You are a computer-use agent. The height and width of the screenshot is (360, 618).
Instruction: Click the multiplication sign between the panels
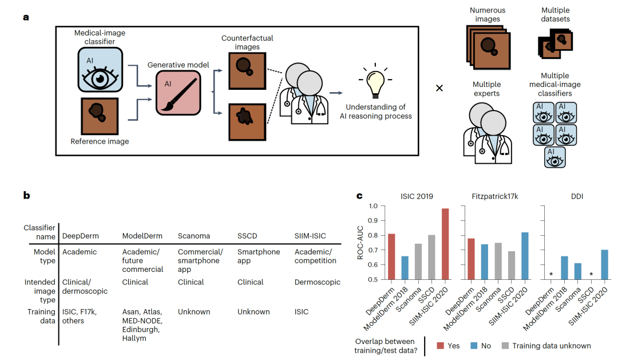coord(439,88)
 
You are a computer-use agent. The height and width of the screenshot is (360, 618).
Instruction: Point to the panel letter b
coord(26,195)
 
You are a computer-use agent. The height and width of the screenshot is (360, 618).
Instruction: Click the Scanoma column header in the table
coord(194,236)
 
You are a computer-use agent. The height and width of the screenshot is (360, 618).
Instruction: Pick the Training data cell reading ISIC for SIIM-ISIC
coord(302,312)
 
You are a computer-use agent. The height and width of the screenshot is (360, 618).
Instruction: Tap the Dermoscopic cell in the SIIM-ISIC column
coord(318,282)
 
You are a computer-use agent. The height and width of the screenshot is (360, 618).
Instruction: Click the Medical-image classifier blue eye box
coord(100,70)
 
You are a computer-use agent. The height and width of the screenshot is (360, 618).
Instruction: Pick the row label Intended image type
coord(40,291)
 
